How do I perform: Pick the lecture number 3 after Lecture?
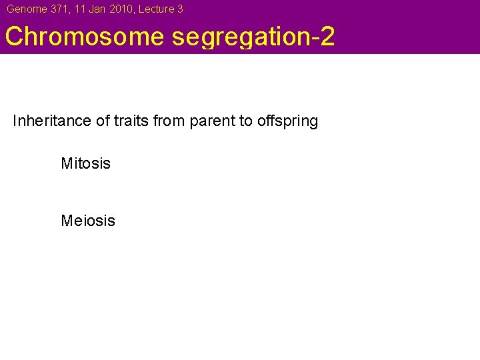(180, 9)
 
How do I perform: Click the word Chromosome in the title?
(85, 37)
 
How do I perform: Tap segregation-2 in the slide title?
(253, 37)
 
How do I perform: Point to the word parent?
(209, 121)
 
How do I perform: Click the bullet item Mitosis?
(85, 163)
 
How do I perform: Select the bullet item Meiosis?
(87, 221)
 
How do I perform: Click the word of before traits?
(101, 121)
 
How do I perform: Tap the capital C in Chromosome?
(15, 37)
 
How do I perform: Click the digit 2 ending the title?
(327, 37)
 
